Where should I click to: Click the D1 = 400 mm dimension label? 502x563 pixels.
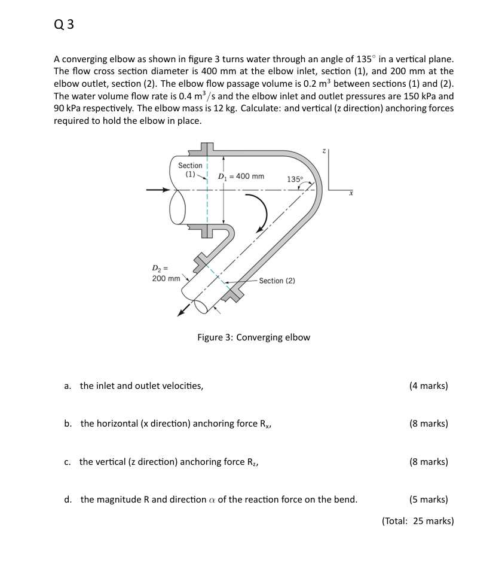click(x=241, y=176)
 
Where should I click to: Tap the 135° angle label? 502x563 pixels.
click(x=295, y=179)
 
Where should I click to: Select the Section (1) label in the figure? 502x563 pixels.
click(x=190, y=169)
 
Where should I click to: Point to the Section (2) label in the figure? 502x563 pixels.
click(x=277, y=281)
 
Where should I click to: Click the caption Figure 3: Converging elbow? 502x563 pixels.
click(x=253, y=337)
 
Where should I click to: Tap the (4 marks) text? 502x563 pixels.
click(x=428, y=386)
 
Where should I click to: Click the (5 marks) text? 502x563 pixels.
click(x=428, y=500)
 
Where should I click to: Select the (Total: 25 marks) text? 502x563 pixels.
click(x=418, y=521)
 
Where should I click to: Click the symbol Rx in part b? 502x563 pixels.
click(x=266, y=424)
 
